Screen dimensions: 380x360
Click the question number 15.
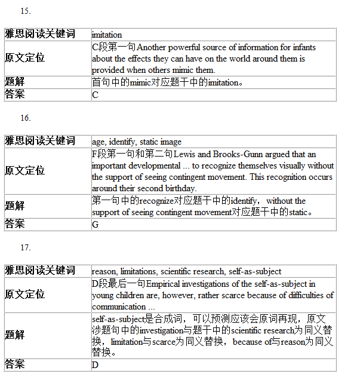pyautogui.click(x=26, y=11)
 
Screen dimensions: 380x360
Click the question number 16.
pyautogui.click(x=26, y=118)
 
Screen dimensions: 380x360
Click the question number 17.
pyautogui.click(x=26, y=247)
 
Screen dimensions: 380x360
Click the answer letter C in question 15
pyautogui.click(x=96, y=95)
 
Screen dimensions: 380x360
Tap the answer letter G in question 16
pyautogui.click(x=96, y=225)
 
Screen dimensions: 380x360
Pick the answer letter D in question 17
pyautogui.click(x=96, y=364)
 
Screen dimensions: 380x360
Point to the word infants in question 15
pyautogui.click(x=304, y=47)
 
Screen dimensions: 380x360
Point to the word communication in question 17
pyautogui.click(x=119, y=307)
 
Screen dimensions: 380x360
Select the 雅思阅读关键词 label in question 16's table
pyautogui.click(x=40, y=141)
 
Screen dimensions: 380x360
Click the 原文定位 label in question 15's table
pyautogui.click(x=24, y=58)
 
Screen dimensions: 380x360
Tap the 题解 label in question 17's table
pyautogui.click(x=15, y=335)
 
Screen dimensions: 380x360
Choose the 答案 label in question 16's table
pyautogui.click(x=15, y=224)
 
